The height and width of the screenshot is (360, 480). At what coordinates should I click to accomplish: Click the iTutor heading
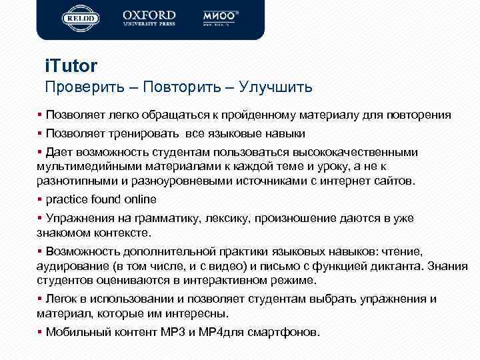[71, 66]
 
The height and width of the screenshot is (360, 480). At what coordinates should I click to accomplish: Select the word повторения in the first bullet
[420, 115]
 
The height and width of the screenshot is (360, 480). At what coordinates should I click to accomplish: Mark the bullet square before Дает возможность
[40, 152]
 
